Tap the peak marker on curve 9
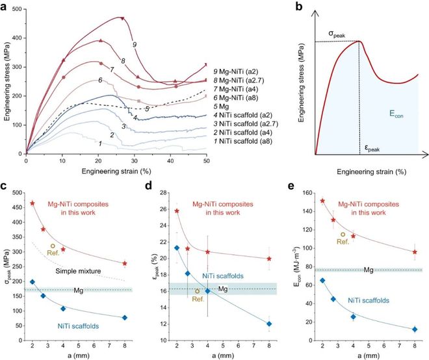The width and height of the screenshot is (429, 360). pyautogui.click(x=122, y=18)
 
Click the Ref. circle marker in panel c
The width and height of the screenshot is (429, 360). pyautogui.click(x=53, y=246)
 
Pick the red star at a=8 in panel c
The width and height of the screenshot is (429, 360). pyautogui.click(x=124, y=264)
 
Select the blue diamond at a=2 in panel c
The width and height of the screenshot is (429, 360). pyautogui.click(x=32, y=282)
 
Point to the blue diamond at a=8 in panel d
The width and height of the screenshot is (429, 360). pyautogui.click(x=269, y=324)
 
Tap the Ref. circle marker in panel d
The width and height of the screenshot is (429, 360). pyautogui.click(x=197, y=290)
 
